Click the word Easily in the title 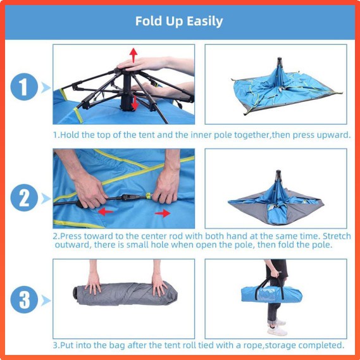click(204, 22)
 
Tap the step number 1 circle click(24, 87)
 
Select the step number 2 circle click(24, 197)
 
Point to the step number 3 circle click(24, 300)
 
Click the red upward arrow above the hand click(133, 55)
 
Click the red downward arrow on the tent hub click(135, 103)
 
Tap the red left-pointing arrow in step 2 click(106, 212)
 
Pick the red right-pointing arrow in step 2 click(163, 213)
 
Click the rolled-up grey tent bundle click(125, 294)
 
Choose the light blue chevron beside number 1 click(46, 87)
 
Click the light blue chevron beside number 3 click(46, 301)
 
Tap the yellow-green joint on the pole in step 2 click(149, 196)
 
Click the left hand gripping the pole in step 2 click(89, 191)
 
